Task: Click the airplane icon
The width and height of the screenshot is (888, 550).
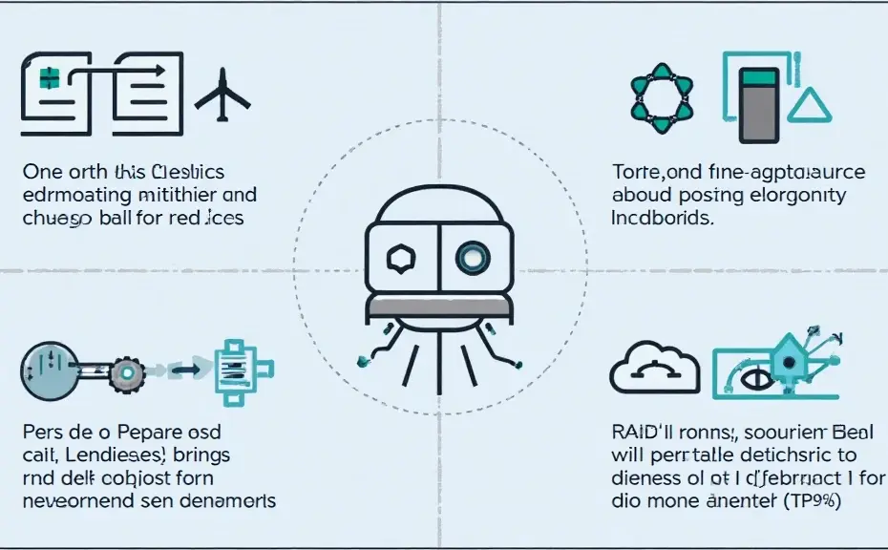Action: (x=222, y=95)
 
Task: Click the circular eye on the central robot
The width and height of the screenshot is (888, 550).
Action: (x=471, y=256)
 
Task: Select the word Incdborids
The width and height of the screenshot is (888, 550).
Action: (x=661, y=218)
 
